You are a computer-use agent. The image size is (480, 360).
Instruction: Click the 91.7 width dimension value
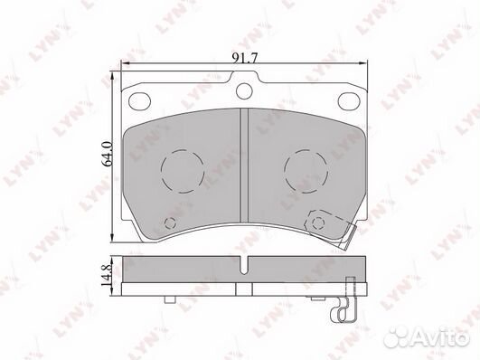pyautogui.click(x=245, y=58)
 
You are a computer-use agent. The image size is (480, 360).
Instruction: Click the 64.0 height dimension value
pyautogui.click(x=108, y=154)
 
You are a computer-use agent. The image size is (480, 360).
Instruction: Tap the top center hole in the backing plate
pyautogui.click(x=244, y=91)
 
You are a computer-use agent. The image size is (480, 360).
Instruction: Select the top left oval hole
pyautogui.click(x=139, y=100)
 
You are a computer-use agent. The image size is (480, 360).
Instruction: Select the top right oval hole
pyautogui.click(x=349, y=100)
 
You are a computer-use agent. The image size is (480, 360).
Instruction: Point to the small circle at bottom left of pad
pyautogui.click(x=170, y=223)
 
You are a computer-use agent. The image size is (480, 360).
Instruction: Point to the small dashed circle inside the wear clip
pyautogui.click(x=319, y=223)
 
